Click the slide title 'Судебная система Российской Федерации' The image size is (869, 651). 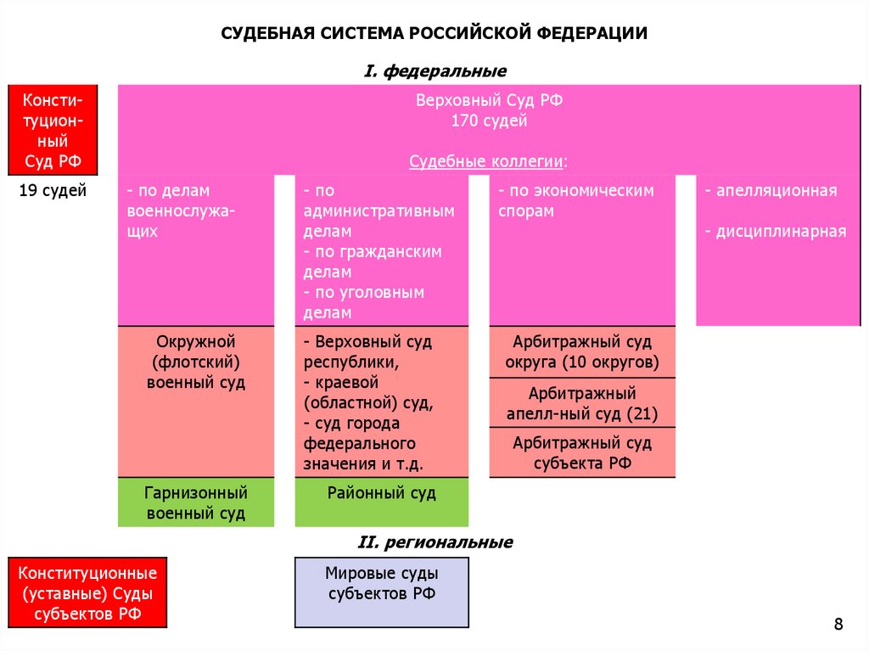[x=434, y=34]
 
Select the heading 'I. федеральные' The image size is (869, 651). [x=434, y=71]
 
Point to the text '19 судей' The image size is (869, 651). [x=53, y=191]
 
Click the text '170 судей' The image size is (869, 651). [x=489, y=121]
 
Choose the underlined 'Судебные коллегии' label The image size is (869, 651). [x=488, y=161]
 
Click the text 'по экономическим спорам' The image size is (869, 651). [x=576, y=201]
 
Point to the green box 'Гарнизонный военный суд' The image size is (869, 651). [x=196, y=502]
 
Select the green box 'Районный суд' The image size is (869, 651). [x=381, y=501]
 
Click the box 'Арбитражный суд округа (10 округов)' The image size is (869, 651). [x=582, y=352]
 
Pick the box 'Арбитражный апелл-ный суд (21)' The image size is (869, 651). [x=582, y=404]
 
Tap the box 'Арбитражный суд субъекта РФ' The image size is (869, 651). [x=582, y=452]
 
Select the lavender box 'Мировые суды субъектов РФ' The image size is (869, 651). [x=381, y=592]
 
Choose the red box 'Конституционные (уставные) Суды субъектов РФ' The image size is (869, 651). [x=87, y=592]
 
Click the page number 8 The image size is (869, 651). [x=838, y=625]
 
